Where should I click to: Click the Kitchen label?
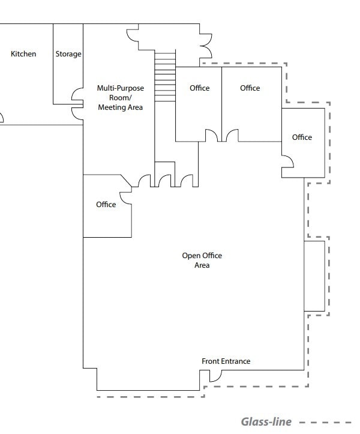click(x=23, y=54)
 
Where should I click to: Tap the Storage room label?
click(x=68, y=54)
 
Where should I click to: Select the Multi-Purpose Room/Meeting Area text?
click(x=120, y=98)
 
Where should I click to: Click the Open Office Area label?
click(x=202, y=260)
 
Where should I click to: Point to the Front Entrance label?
click(x=226, y=361)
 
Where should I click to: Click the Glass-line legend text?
click(x=266, y=422)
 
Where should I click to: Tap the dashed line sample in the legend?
click(x=326, y=422)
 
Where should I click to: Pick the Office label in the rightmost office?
click(x=302, y=137)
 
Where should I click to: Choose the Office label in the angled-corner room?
click(x=106, y=205)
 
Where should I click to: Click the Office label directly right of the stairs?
click(x=199, y=88)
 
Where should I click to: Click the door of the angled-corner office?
click(x=126, y=197)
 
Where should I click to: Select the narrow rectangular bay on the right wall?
click(x=314, y=276)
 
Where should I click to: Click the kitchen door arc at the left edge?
click(x=2, y=118)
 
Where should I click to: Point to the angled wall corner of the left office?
click(x=127, y=181)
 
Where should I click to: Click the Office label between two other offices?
click(x=250, y=88)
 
